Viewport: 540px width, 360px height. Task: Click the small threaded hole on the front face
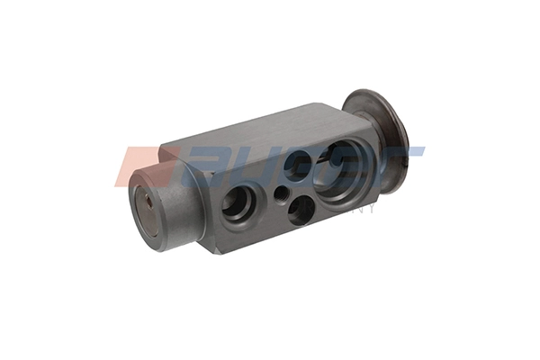coord(281,193)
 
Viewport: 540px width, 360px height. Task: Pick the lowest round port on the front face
coord(301,210)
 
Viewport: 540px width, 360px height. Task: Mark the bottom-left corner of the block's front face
coord(217,251)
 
